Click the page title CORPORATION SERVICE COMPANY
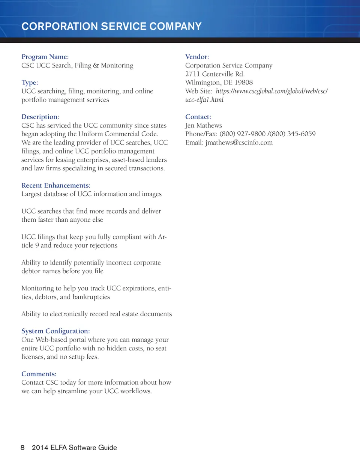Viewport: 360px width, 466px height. tap(111, 26)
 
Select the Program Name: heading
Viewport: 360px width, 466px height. tap(45, 57)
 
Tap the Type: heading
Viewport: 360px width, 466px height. tap(30, 83)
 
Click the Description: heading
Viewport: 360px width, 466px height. tap(40, 117)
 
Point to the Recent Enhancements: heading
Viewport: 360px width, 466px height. tap(56, 185)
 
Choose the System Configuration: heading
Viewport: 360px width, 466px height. tap(55, 331)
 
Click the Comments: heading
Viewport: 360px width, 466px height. tap(39, 374)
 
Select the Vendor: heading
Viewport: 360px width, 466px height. tap(197, 57)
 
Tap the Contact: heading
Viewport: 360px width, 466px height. tap(198, 117)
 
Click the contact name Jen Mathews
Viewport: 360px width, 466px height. tap(204, 125)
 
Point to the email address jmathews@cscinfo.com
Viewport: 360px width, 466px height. tap(239, 143)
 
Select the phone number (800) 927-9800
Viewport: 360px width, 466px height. tap(242, 134)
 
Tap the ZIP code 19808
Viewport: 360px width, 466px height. tap(244, 83)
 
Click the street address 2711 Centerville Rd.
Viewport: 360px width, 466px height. tap(215, 74)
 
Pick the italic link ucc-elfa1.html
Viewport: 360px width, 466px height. tap(204, 100)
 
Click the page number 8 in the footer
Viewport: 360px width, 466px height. tap(22, 448)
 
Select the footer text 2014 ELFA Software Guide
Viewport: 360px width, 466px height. tap(74, 448)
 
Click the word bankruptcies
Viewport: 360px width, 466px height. tap(91, 297)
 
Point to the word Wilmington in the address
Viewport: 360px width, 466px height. tap(202, 83)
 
